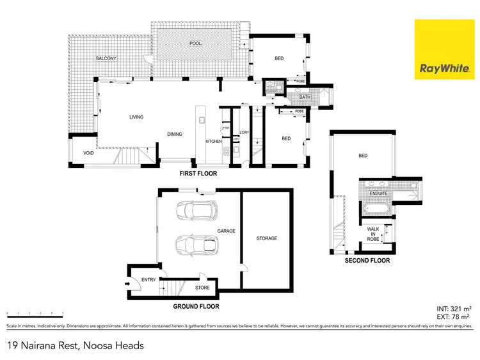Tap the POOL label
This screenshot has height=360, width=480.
pos(195,44)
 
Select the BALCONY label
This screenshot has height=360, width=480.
pos(106,59)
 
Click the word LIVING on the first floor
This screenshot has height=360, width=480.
pos(136,117)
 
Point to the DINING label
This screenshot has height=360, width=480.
pos(175,135)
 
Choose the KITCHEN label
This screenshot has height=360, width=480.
pos(213,141)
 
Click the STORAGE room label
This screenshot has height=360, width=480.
pos(267,238)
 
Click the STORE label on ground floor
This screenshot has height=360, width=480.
pos(202,288)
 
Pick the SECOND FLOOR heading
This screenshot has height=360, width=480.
pos(367,261)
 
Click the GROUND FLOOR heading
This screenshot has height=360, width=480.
pos(196,307)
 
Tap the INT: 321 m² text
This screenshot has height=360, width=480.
pos(454,307)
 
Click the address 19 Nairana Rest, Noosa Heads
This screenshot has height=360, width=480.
pos(75,345)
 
